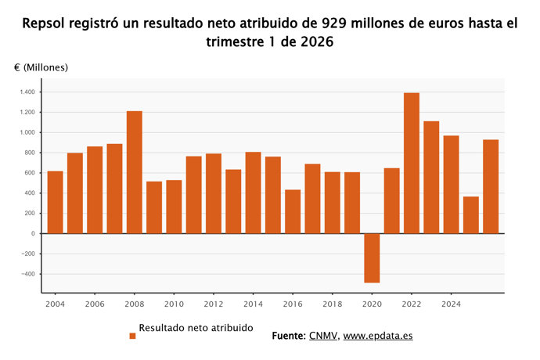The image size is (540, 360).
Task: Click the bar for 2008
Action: [135, 172]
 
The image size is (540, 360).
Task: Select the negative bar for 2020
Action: [372, 257]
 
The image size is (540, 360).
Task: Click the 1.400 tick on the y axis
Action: [27, 92]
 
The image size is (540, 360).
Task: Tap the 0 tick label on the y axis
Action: [33, 233]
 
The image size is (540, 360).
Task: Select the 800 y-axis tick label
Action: [29, 153]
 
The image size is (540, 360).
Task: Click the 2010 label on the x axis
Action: [174, 304]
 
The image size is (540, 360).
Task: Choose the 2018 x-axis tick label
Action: [332, 304]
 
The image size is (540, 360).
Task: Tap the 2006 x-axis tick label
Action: [95, 304]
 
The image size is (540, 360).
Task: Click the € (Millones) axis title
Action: [41, 68]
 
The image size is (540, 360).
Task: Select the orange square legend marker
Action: [132, 336]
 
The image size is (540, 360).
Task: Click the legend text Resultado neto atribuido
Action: [196, 328]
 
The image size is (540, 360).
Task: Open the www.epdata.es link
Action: [378, 336]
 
